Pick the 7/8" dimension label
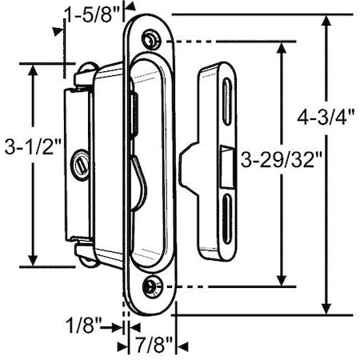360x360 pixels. point(151,346)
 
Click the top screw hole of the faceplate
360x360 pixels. point(151,39)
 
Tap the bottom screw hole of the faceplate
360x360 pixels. point(150,286)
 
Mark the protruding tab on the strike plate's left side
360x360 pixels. point(190,158)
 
